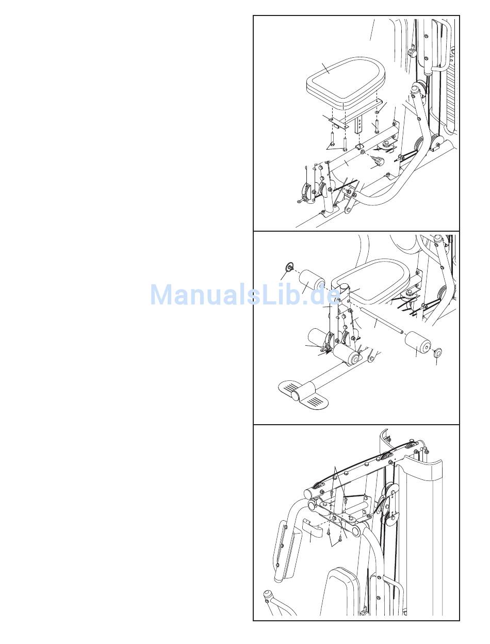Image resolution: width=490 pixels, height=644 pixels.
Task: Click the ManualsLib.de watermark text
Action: tap(245, 295)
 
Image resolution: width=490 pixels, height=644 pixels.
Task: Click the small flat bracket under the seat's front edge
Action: tap(338, 123)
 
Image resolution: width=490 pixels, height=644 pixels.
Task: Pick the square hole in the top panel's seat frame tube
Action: tap(359, 146)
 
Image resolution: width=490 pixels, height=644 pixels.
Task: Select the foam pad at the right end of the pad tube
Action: tap(418, 343)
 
